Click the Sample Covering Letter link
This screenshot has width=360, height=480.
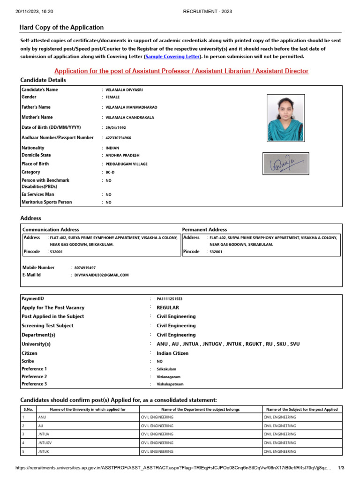coord(172,57)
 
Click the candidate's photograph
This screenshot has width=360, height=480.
coord(285,117)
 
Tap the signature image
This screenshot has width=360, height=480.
coord(285,164)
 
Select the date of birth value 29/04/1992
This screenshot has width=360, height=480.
coord(116,127)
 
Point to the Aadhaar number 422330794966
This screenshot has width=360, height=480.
coord(118,138)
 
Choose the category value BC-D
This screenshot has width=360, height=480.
coord(110,172)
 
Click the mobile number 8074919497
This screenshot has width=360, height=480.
coord(85,268)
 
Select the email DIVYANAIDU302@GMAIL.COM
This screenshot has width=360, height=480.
coord(101,275)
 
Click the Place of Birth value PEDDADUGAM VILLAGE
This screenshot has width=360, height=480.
coord(127,164)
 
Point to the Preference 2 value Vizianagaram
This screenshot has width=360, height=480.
coord(168,377)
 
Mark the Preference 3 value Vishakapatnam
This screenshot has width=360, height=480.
coord(170,384)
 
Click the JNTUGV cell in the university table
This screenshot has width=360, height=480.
coord(45,443)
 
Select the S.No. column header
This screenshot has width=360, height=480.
coord(28,409)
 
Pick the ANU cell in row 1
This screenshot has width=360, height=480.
coord(42,417)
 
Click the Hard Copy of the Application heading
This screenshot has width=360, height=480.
coord(61,28)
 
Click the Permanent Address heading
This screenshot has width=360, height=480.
coord(204,230)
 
